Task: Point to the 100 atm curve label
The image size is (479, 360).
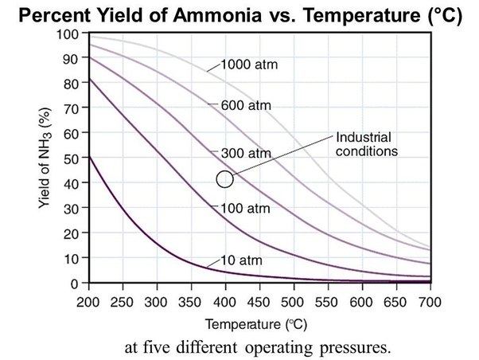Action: [x=242, y=208]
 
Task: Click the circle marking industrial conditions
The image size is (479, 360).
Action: [x=224, y=178]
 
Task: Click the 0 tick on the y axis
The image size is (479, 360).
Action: [x=76, y=284]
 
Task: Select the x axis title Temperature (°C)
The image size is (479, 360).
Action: [x=259, y=324]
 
